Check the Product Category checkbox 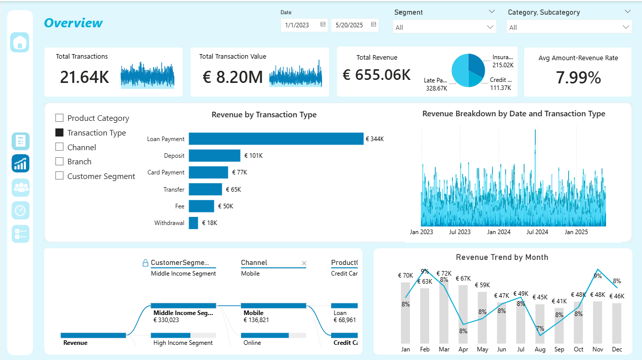[59, 118]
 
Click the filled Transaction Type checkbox [59, 132]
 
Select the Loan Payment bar [276, 139]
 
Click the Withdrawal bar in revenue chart [193, 223]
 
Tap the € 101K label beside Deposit [253, 156]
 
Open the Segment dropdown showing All [444, 27]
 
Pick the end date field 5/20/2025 [350, 25]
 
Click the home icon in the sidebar [20, 42]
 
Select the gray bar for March [444, 313]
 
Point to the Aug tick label [540, 349]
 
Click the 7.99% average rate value [578, 77]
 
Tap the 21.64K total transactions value [84, 77]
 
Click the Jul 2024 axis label [537, 232]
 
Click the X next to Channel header [304, 263]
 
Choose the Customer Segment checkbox [59, 176]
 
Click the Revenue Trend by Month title [501, 257]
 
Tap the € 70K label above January [405, 276]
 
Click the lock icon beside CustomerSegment [145, 263]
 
